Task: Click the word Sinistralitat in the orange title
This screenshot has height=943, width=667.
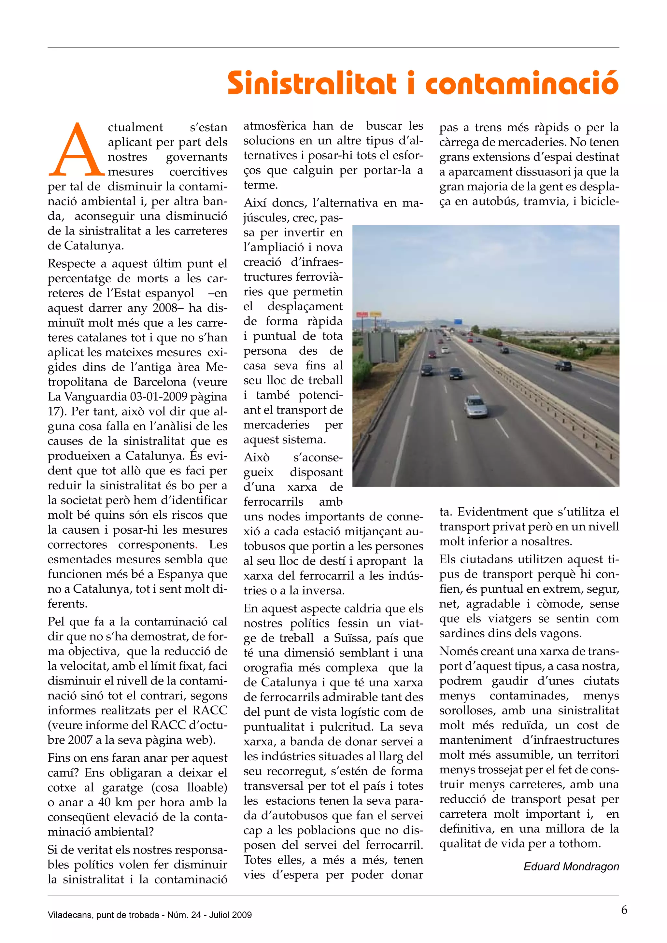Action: point(312,83)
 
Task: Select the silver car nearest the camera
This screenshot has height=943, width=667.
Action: point(475,406)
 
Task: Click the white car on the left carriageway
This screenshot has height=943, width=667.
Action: point(445,350)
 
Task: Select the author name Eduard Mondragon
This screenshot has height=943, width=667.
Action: point(571,866)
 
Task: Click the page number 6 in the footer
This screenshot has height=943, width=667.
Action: point(624,910)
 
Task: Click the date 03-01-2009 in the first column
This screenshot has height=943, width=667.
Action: point(162,397)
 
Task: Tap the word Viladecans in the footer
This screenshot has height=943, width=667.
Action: point(67,915)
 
